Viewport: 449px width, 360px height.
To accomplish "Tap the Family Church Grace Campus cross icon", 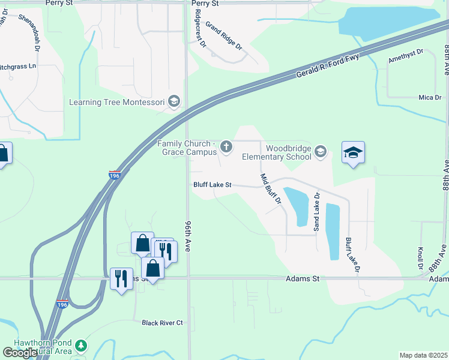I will pos(226,146).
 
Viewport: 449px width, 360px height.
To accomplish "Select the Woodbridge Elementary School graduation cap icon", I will pos(321,152).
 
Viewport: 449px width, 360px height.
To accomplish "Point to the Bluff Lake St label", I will pos(212,185).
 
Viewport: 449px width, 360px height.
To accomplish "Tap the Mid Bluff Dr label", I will pos(271,188).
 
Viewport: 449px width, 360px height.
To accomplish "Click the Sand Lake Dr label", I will pos(316,212).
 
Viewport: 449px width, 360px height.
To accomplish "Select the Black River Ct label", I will pos(162,323).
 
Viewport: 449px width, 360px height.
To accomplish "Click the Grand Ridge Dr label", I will pos(223,35).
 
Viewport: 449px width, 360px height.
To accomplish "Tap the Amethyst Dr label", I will pos(406,57).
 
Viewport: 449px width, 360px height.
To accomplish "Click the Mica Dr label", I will pos(430,97).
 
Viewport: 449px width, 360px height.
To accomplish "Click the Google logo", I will pos(20,353).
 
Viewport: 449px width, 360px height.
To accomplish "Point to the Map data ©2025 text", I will pos(423,355).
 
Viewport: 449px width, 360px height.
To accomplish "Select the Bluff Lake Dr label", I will pos(352,256).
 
